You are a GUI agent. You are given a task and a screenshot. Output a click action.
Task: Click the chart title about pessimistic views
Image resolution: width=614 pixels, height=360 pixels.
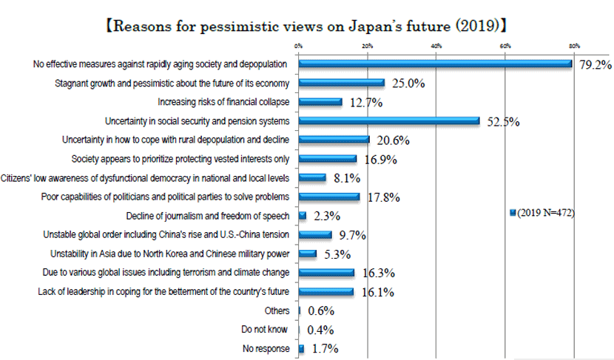click(x=306, y=27)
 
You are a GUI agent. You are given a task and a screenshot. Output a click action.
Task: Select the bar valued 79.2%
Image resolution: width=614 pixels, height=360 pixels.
click(x=436, y=64)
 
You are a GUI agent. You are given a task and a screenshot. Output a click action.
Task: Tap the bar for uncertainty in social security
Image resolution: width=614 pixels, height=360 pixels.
click(x=389, y=120)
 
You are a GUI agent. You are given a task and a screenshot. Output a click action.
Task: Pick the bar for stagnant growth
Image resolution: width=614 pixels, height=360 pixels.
click(x=342, y=83)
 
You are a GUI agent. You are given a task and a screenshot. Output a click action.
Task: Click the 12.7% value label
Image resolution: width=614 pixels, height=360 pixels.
click(x=365, y=103)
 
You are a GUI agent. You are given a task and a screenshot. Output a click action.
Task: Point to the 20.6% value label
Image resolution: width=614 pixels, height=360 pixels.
click(x=393, y=140)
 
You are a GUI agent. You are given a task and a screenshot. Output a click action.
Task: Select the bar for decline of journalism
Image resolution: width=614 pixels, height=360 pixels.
click(x=303, y=215)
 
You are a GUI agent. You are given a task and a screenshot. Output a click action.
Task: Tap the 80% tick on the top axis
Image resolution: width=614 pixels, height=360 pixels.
click(x=574, y=46)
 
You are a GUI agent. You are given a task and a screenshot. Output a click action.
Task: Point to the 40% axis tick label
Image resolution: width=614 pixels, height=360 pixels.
click(x=436, y=46)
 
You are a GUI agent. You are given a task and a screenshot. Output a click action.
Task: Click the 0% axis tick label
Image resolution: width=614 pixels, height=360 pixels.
click(x=298, y=46)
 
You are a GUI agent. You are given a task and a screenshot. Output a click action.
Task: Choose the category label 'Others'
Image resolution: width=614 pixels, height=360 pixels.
click(x=277, y=310)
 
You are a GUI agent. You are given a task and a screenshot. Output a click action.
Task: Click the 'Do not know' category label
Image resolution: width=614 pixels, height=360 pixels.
click(x=266, y=329)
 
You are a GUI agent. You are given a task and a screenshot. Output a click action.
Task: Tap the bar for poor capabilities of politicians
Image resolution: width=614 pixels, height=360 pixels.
click(x=329, y=197)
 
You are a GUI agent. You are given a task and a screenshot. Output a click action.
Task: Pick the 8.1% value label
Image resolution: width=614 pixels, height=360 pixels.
click(x=347, y=178)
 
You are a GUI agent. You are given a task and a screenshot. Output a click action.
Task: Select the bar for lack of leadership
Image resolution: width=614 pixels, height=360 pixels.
click(x=326, y=291)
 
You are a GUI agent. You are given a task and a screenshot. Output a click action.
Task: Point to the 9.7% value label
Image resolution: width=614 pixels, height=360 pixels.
click(x=352, y=235)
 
